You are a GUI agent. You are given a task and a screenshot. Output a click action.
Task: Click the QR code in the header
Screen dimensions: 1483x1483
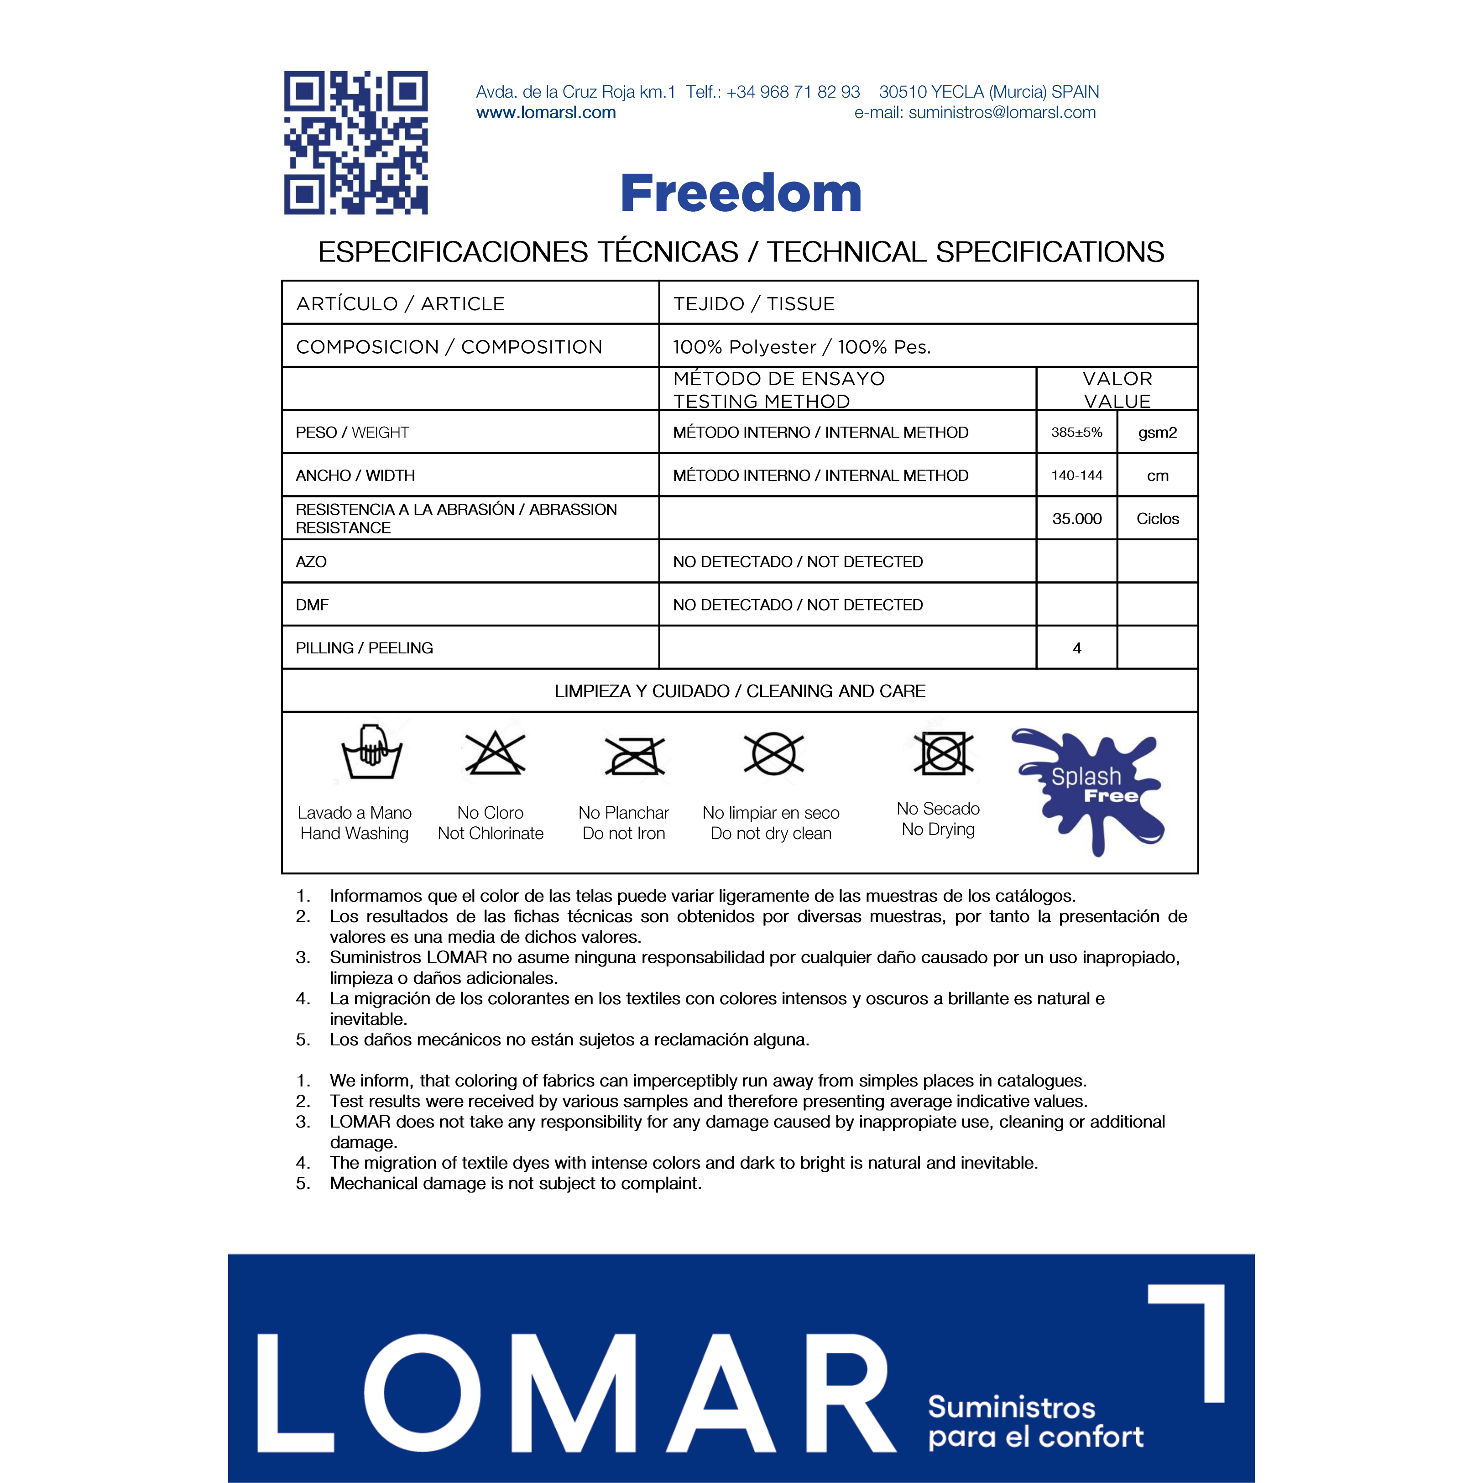click(355, 143)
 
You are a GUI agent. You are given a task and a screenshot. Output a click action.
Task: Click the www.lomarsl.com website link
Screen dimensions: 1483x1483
click(546, 113)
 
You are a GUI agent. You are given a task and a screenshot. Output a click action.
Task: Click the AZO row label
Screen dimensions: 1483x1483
click(311, 562)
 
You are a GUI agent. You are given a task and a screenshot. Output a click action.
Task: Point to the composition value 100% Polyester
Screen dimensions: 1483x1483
click(801, 347)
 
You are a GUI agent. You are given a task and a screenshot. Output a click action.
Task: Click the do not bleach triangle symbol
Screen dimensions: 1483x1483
click(494, 753)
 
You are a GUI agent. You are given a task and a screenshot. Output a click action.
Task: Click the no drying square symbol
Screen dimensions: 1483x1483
click(943, 753)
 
